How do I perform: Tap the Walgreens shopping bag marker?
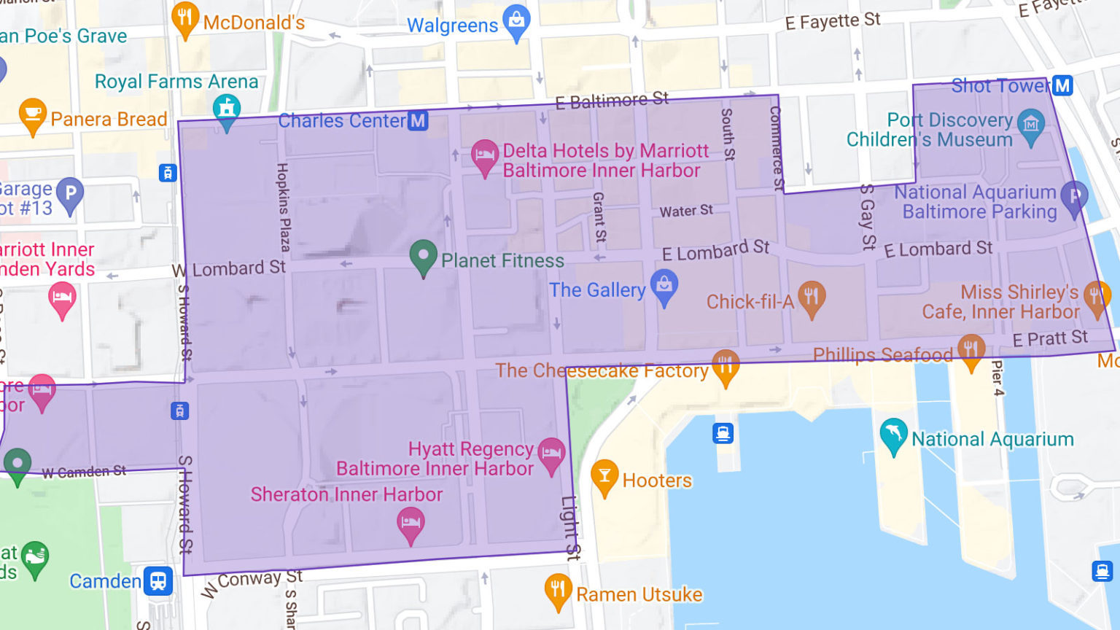pyautogui.click(x=516, y=21)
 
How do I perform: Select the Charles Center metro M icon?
pyautogui.click(x=418, y=120)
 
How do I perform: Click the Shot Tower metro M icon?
pyautogui.click(x=1062, y=85)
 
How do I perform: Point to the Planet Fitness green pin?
pyautogui.click(x=423, y=256)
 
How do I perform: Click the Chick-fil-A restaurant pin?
pyautogui.click(x=811, y=297)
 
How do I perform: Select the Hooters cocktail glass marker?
pyautogui.click(x=604, y=475)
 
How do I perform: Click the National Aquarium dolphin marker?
pyautogui.click(x=893, y=435)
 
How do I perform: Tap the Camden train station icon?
pyautogui.click(x=158, y=581)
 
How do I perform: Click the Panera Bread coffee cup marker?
pyautogui.click(x=32, y=114)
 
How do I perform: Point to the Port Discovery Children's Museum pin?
pyautogui.click(x=1030, y=125)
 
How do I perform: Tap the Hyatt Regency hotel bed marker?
pyautogui.click(x=551, y=454)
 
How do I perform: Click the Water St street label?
pyautogui.click(x=686, y=211)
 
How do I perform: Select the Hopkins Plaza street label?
pyautogui.click(x=283, y=207)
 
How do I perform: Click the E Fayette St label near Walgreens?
pyautogui.click(x=832, y=22)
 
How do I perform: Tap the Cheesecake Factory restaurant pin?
pyautogui.click(x=725, y=366)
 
